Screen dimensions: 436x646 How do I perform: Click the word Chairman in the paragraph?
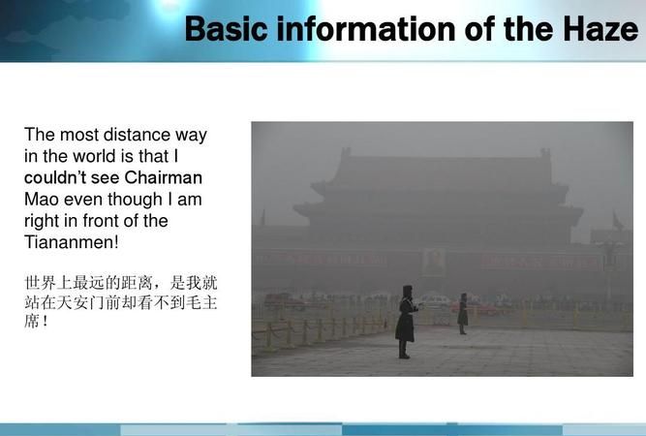[164, 178]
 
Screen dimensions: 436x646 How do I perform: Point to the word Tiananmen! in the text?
[71, 242]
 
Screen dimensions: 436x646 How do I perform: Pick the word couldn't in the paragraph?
[59, 178]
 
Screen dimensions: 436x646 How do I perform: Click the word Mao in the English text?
[42, 200]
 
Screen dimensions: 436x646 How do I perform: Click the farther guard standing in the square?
[463, 312]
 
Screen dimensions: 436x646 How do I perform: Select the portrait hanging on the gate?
[434, 262]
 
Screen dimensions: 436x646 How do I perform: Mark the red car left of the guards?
[289, 302]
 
